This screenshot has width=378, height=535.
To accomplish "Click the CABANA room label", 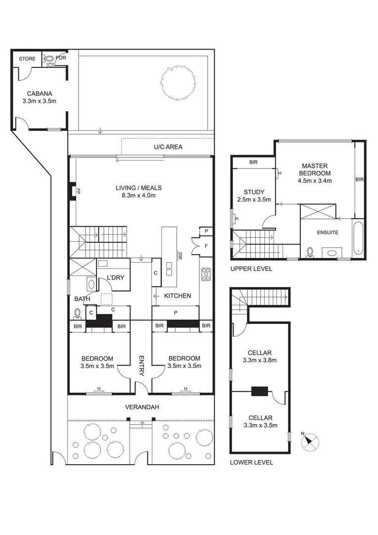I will coord(40,93).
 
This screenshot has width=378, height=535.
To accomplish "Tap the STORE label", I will coord(27,59).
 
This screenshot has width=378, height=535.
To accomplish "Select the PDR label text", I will coord(61,58).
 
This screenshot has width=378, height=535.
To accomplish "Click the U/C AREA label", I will coord(167,147).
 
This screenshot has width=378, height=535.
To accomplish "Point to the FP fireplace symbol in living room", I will coord(72,191).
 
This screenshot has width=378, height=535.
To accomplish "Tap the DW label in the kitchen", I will coord(180,256).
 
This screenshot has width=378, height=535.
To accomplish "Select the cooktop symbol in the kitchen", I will coord(206,274).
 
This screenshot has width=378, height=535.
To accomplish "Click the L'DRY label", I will coord(116,277).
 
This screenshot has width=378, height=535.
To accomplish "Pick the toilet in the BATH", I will coord(77,313).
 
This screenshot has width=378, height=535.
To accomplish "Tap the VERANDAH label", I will coord(142,407).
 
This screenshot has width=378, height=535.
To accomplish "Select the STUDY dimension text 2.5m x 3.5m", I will coord(254,200).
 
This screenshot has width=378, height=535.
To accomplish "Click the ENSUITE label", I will coord(327,232).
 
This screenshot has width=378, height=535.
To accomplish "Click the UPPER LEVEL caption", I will coord(251,268).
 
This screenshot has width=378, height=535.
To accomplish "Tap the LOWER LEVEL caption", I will coord(251,462).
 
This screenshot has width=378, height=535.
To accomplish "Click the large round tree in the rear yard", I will coord(178,82).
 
